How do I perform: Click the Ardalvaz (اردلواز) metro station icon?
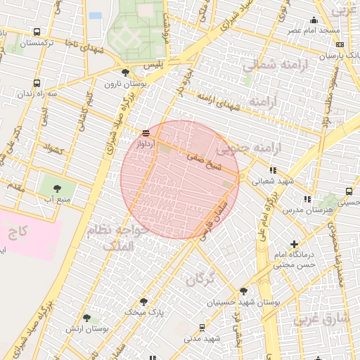[x=146, y=132]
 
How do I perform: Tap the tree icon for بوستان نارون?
[x=125, y=72]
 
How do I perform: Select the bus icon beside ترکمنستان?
[x=37, y=32]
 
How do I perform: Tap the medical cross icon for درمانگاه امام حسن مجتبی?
[x=294, y=245]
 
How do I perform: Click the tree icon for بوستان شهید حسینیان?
[x=243, y=290]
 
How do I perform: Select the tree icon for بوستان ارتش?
[x=86, y=318]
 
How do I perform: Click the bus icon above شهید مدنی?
[x=202, y=328]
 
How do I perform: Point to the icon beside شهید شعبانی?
[x=273, y=170]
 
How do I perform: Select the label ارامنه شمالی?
[x=268, y=65]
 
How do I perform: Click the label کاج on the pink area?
[x=18, y=231]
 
